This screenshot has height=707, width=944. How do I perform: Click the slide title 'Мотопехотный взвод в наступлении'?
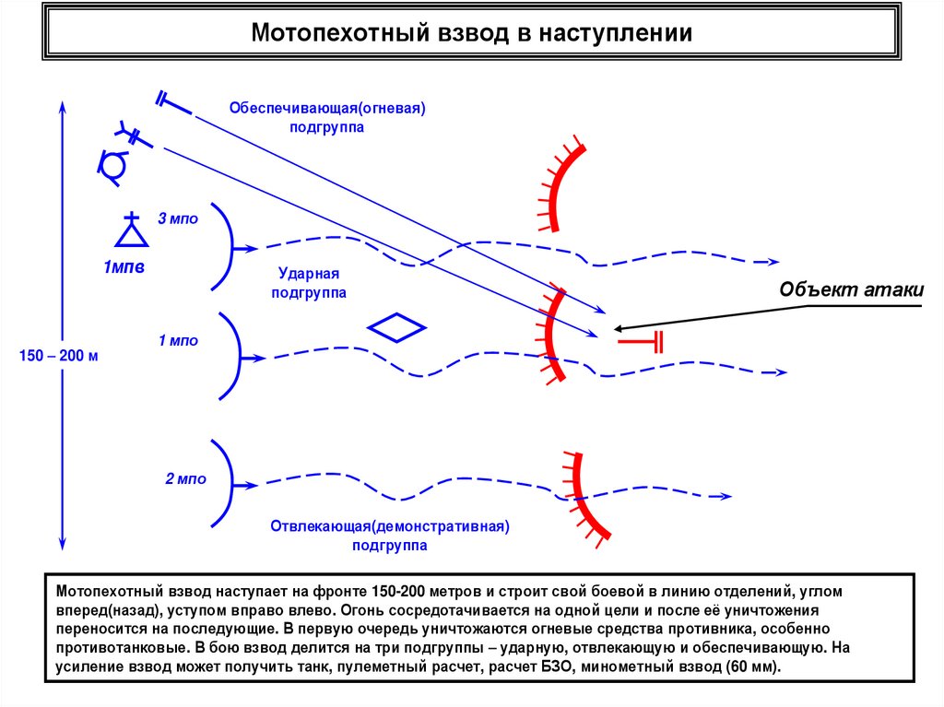472,34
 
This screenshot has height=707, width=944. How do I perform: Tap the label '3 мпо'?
178,219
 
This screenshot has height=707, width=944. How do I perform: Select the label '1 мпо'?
178,341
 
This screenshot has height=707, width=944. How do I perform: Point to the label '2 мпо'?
185,479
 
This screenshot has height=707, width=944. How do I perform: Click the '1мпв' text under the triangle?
124,268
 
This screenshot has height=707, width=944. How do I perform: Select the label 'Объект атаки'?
851,290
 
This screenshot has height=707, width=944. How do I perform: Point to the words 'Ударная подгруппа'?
309,284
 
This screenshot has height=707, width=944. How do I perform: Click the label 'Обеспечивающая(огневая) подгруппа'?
327,117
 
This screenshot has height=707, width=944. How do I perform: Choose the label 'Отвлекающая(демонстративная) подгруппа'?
390,536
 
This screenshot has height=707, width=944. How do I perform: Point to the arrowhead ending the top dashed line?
776,262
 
